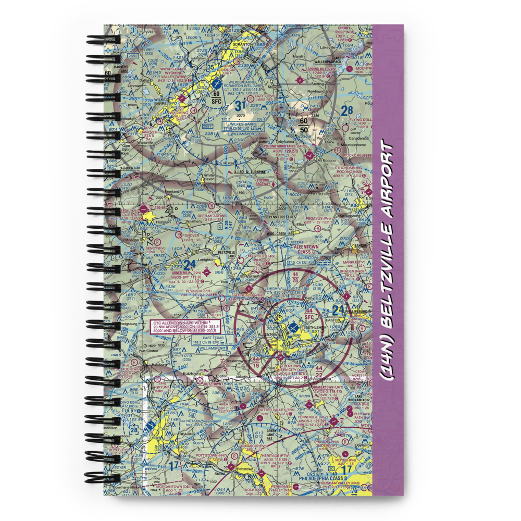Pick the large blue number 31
(x=239, y=106)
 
